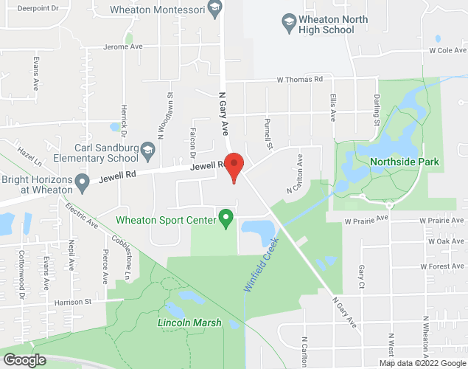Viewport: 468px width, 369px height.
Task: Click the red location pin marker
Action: point(234,167)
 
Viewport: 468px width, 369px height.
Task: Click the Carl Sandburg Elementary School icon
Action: point(148,150)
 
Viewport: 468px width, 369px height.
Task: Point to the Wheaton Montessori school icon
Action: point(214,9)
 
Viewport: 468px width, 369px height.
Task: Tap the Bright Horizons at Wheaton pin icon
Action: point(83,181)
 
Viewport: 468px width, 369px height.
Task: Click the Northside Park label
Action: point(405,162)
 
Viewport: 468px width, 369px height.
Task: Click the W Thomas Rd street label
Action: point(300,79)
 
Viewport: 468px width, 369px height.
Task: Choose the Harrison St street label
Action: point(71,302)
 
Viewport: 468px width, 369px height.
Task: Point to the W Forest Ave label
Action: point(441,266)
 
